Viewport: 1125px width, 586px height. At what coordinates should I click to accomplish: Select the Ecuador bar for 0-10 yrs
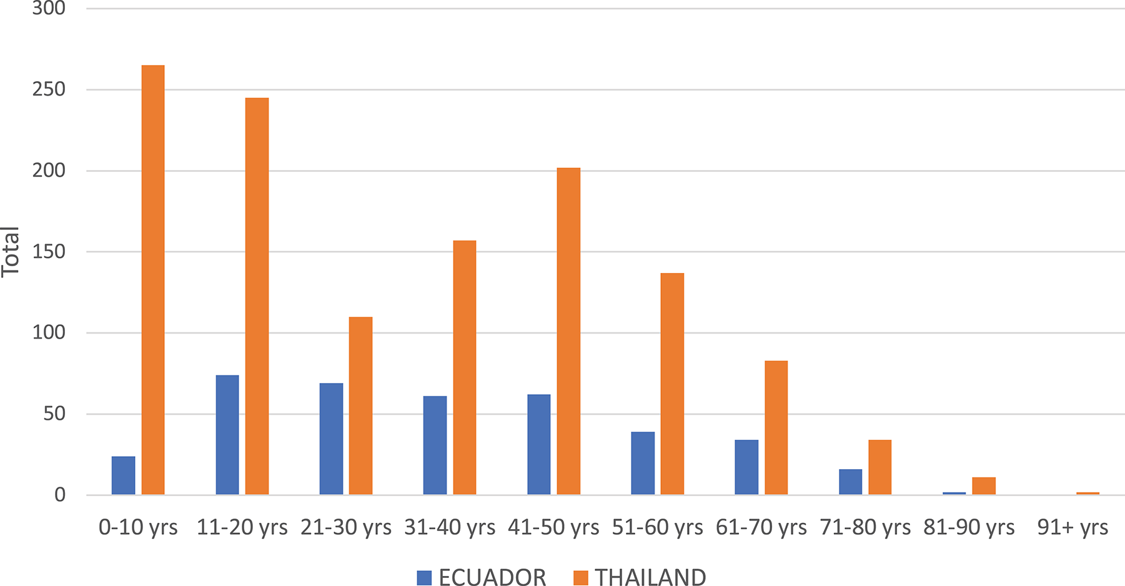123,475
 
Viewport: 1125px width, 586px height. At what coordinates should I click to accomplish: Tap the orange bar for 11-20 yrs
257,296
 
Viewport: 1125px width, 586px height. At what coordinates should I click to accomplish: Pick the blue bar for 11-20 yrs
227,435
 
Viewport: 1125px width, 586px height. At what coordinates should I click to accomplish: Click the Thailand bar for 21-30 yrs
360,406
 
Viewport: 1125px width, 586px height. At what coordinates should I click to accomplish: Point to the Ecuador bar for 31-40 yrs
435,445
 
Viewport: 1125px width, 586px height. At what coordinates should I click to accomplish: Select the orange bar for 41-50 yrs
568,331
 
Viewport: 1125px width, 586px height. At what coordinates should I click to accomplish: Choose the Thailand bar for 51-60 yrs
672,384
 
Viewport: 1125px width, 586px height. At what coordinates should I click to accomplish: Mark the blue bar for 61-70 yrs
746,467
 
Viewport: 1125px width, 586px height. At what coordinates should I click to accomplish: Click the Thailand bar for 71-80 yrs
880,467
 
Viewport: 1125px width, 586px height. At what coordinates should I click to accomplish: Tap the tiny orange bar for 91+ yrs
1088,494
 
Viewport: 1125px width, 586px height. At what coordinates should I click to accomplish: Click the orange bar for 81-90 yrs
984,486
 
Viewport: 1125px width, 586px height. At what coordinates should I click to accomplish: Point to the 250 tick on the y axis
49,89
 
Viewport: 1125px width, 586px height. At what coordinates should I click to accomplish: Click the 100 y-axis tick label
49,332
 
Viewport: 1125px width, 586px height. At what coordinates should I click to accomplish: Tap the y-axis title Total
11,252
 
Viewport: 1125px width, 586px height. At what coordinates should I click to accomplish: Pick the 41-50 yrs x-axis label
553,528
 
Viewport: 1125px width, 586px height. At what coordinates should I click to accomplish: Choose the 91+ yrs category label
1073,528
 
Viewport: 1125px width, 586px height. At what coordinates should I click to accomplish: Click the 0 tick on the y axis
60,495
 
